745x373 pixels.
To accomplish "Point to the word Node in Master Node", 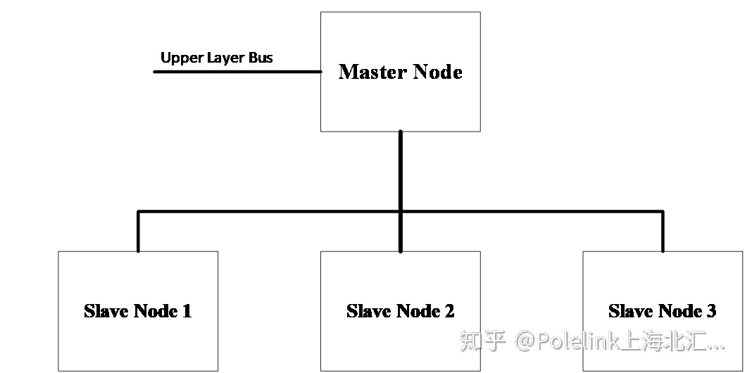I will click(x=437, y=72).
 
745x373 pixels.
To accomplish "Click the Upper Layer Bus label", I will click(x=216, y=58).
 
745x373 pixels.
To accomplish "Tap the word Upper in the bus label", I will click(x=182, y=58).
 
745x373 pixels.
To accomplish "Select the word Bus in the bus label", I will click(x=260, y=58).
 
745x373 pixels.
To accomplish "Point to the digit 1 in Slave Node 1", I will click(x=187, y=311).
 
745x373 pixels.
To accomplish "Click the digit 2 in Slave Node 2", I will click(x=449, y=311).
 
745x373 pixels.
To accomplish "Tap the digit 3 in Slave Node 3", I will click(x=711, y=311).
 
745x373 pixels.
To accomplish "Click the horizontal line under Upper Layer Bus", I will click(x=237, y=72).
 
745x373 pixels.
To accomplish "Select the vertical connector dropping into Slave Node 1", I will click(x=138, y=232).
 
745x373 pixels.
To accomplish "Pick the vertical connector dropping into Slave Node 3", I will click(x=663, y=232).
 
